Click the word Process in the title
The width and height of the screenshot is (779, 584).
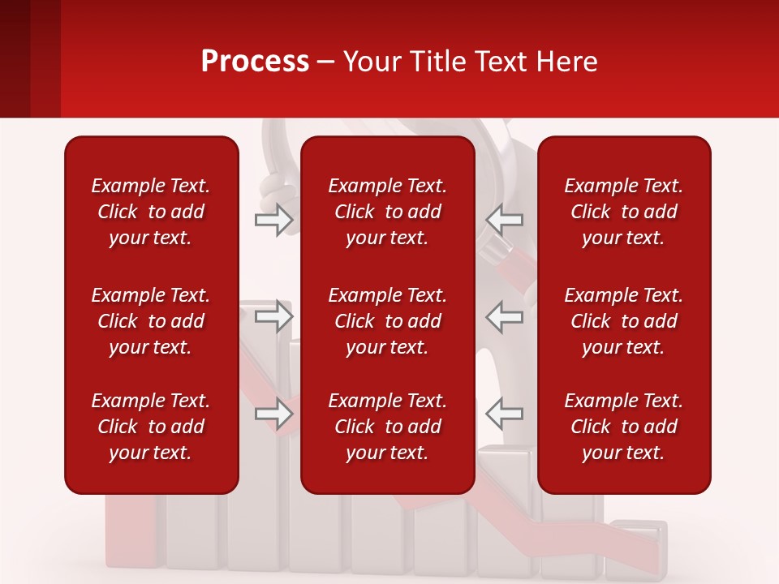click(255, 62)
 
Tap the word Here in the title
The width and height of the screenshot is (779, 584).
click(566, 62)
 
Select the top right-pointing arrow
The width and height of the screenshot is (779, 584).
click(274, 219)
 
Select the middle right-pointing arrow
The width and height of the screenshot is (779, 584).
click(274, 316)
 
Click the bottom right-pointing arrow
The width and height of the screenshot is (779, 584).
click(274, 414)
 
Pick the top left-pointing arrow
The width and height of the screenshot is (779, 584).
click(504, 219)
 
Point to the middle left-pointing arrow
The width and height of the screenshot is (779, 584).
click(504, 316)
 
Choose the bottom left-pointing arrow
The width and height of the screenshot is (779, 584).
click(504, 414)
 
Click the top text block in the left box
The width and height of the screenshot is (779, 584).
click(151, 212)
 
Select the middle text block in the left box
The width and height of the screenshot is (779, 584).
click(151, 321)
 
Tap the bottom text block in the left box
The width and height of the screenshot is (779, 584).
click(151, 427)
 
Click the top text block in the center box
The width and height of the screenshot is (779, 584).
click(388, 212)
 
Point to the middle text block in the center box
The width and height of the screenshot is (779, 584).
click(388, 321)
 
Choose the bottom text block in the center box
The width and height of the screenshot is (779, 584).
click(388, 427)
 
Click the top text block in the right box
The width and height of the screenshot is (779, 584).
click(624, 212)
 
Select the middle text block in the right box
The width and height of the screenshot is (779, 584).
click(624, 321)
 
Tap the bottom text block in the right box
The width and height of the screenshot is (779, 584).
click(624, 427)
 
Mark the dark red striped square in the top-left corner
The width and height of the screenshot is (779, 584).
click(29, 58)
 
